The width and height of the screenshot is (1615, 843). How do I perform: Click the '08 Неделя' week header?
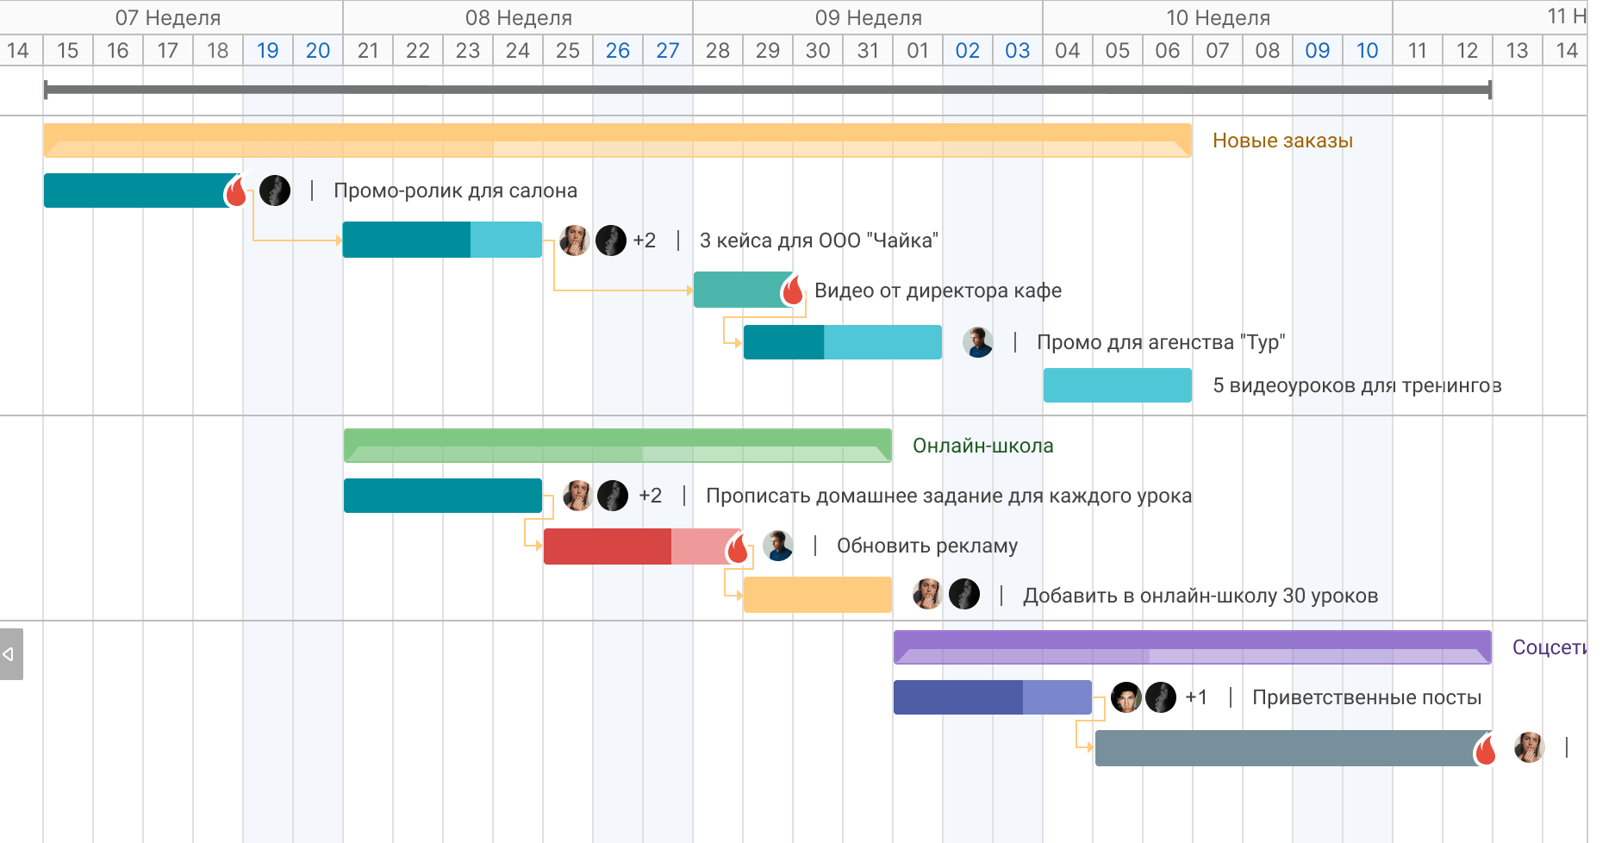click(518, 17)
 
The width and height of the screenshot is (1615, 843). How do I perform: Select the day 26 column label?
click(617, 51)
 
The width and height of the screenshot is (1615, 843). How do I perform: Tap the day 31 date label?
click(868, 51)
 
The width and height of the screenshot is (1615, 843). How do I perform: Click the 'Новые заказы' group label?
click(1281, 140)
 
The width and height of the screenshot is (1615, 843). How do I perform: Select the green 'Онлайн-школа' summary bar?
click(617, 446)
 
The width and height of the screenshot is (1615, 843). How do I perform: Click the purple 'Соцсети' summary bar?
click(1192, 647)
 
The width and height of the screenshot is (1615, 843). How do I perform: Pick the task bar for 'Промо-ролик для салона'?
click(134, 190)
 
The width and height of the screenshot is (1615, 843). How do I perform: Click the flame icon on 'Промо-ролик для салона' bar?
click(236, 191)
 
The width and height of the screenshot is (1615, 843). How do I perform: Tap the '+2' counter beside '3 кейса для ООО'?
click(644, 240)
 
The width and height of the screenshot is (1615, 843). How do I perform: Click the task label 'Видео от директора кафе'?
click(938, 290)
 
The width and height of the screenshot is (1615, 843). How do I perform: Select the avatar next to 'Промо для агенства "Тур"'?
click(977, 342)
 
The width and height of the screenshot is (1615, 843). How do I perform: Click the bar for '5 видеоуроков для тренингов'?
click(1117, 385)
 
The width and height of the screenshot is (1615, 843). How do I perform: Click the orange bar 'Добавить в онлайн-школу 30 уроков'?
click(817, 596)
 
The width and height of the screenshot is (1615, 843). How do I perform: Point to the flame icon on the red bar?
click(738, 548)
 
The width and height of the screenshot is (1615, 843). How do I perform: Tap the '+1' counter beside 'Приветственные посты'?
click(1196, 697)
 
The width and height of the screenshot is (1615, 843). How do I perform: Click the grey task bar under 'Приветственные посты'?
click(1284, 748)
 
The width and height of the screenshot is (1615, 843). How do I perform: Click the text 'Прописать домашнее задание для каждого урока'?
click(948, 496)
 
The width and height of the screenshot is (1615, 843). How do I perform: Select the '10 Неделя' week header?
click(1218, 17)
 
